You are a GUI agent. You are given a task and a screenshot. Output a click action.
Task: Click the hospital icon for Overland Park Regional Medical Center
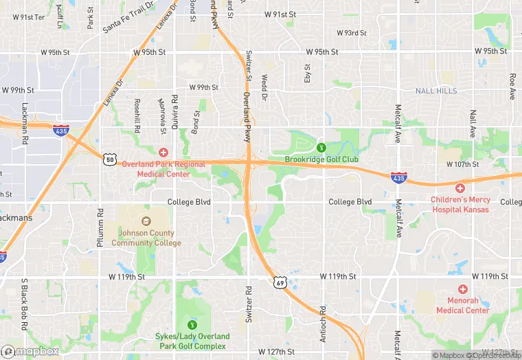coord(163,152)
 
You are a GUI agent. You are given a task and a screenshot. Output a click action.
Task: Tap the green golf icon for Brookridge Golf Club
coord(321,146)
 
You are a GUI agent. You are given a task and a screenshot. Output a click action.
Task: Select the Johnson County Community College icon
coord(145,221)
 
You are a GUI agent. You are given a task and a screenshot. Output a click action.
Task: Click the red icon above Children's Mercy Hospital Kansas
coord(460,188)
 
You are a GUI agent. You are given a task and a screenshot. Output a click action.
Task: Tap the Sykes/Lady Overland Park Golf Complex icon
coord(192,324)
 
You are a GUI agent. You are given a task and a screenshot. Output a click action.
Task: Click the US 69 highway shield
coord(280,282)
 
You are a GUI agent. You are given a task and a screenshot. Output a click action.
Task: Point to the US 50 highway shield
coord(110,159)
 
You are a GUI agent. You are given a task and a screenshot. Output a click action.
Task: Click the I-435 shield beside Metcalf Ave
coord(397,177)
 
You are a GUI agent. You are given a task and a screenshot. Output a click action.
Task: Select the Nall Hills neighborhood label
coord(435,91)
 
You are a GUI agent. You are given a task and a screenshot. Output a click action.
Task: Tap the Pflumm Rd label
coord(100,227)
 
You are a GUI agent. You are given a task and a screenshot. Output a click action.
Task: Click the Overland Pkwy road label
coord(245,110)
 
